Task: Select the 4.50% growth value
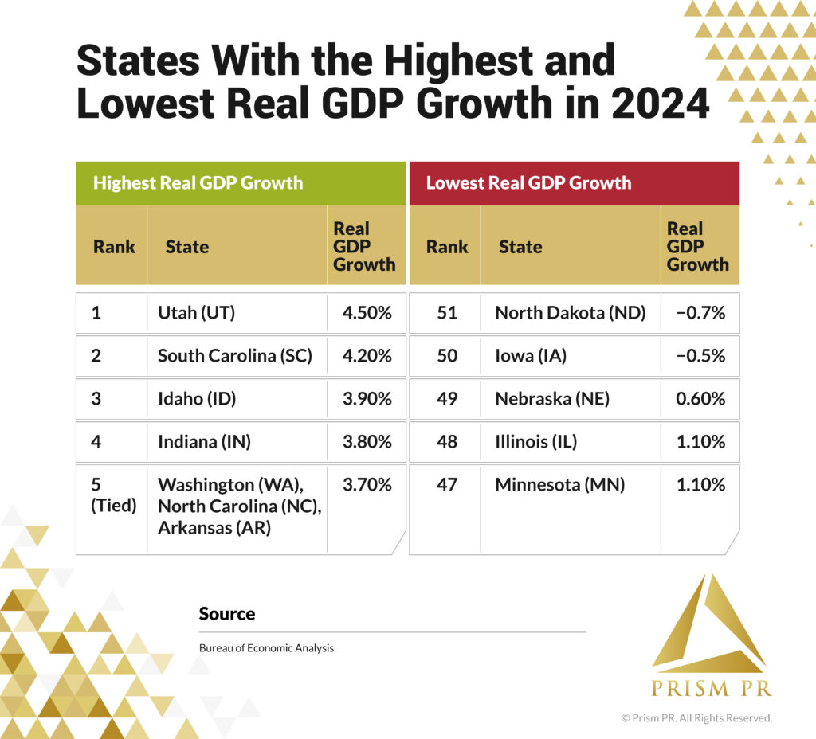pyautogui.click(x=367, y=313)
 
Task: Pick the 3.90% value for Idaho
pyautogui.click(x=367, y=399)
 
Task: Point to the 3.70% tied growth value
pyautogui.click(x=367, y=484)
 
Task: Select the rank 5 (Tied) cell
pyautogui.click(x=112, y=495)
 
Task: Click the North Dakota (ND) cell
pyautogui.click(x=570, y=313)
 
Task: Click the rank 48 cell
pyautogui.click(x=447, y=442)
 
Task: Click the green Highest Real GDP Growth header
pyautogui.click(x=241, y=183)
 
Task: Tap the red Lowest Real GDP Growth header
pyautogui.click(x=574, y=183)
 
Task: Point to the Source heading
pyautogui.click(x=227, y=614)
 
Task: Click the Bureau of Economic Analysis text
pyautogui.click(x=266, y=648)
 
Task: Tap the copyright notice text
pyautogui.click(x=696, y=718)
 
